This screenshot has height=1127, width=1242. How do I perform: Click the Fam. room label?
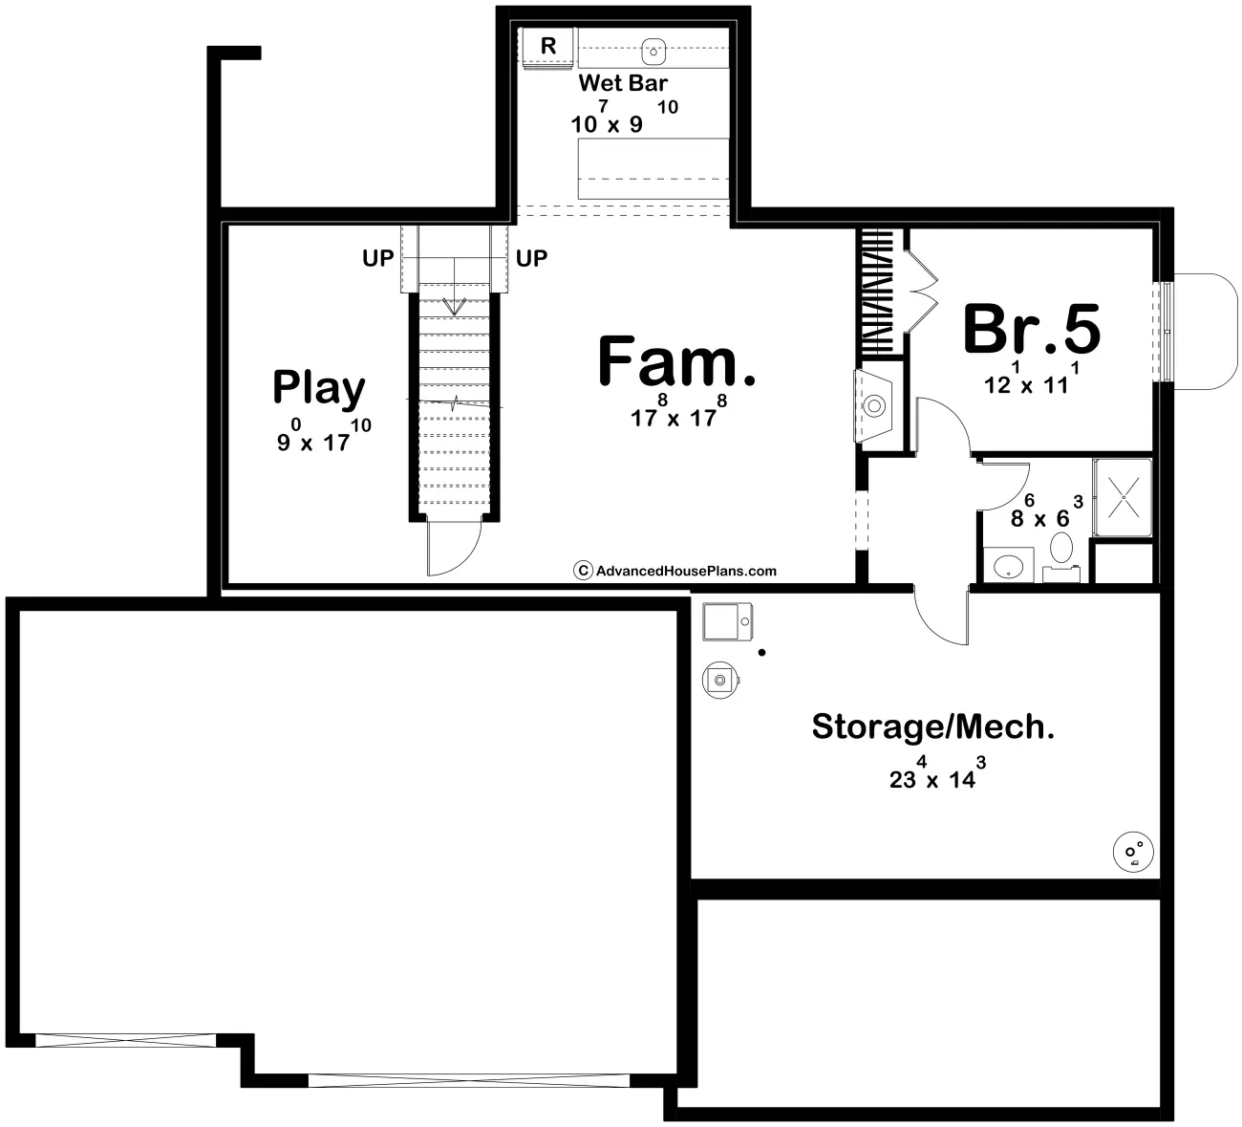pos(676,361)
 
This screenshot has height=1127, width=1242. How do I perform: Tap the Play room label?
pos(318,387)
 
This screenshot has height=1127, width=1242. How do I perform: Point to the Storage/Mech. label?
pos(932,726)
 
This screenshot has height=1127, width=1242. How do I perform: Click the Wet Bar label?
pos(623,83)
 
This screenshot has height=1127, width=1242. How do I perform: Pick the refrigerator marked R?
pos(548,46)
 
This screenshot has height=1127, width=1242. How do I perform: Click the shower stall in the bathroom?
pos(1122,497)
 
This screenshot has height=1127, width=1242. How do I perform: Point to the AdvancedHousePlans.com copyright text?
pos(675,571)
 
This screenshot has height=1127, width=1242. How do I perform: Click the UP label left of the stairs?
pos(377,258)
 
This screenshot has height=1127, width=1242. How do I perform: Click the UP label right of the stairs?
pos(531,258)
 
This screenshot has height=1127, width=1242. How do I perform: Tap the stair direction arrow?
pos(455,306)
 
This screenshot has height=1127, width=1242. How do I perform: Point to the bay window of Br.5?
pos(1206,331)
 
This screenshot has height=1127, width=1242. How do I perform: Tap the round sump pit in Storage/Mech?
pos(1134,850)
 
